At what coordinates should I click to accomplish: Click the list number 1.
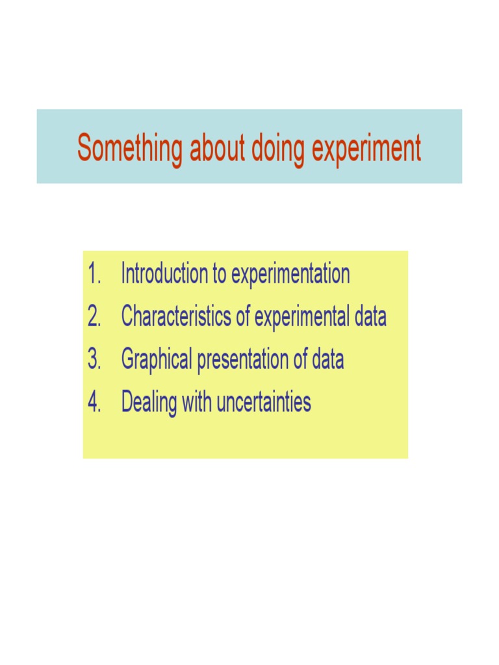94,275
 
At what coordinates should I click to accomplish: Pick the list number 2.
95,318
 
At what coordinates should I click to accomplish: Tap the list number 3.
95,360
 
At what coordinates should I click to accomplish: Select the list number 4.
95,403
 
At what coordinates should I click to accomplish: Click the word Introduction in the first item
164,275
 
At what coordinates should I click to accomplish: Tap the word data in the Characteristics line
370,318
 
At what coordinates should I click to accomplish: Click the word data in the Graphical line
327,360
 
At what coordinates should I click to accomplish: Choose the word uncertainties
264,403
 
